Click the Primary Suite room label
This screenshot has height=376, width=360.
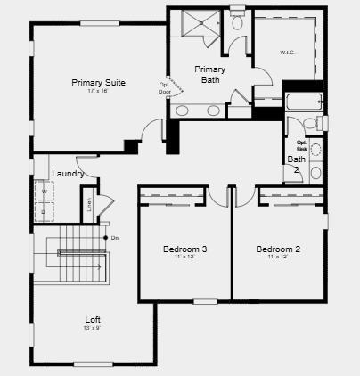click(x=98, y=82)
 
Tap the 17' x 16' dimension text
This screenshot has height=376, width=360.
click(x=98, y=92)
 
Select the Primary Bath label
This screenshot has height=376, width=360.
click(x=209, y=74)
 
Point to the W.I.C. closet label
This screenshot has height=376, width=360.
click(x=287, y=52)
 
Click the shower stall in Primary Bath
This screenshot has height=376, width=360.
click(x=196, y=24)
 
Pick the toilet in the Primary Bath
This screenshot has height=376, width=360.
click(x=237, y=22)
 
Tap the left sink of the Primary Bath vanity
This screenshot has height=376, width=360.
click(x=183, y=110)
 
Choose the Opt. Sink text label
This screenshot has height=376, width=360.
click(x=301, y=145)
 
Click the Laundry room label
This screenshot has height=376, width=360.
click(x=68, y=173)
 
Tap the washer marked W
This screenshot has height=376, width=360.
click(x=43, y=191)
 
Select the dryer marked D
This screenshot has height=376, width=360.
click(x=43, y=212)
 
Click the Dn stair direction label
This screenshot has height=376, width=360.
click(x=115, y=238)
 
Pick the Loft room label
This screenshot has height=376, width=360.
click(x=93, y=319)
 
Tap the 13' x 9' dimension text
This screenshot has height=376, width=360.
click(x=93, y=328)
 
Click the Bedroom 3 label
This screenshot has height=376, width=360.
click(x=185, y=249)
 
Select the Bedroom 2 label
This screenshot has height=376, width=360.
click(x=278, y=249)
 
